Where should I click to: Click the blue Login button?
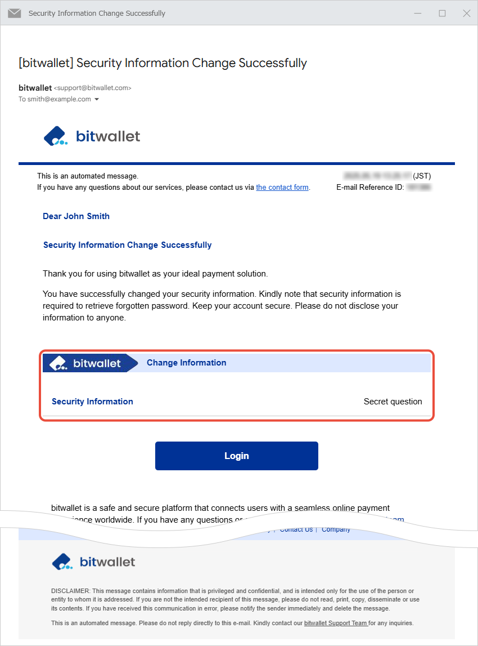(x=236, y=456)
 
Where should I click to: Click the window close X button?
(x=466, y=13)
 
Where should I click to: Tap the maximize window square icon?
(x=442, y=13)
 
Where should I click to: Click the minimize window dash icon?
(x=418, y=13)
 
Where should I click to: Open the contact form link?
(x=282, y=188)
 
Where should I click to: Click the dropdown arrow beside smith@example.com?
(x=97, y=100)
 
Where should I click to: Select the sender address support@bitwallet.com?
(x=92, y=88)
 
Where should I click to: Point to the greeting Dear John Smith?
(x=76, y=216)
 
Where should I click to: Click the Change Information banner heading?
(x=186, y=363)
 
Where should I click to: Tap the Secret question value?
(x=393, y=402)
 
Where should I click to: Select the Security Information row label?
(x=92, y=402)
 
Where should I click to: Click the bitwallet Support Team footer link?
(x=336, y=623)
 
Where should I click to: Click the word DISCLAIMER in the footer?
(x=70, y=591)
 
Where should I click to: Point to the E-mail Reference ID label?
(x=369, y=188)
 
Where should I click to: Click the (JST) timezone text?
(x=422, y=176)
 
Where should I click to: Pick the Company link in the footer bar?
(x=336, y=530)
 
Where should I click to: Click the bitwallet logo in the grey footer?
(x=93, y=562)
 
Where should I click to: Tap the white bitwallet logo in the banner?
(x=85, y=363)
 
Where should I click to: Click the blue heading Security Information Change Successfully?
(x=127, y=245)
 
